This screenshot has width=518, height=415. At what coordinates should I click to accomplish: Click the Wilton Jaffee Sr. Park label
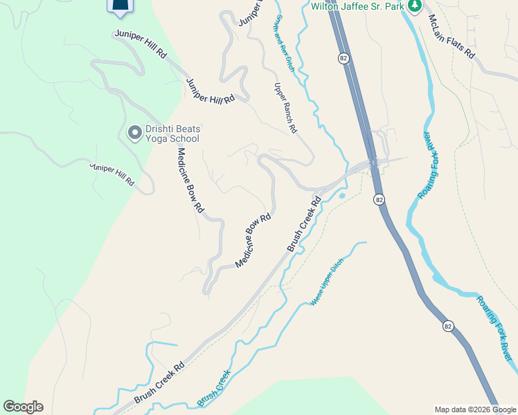357,6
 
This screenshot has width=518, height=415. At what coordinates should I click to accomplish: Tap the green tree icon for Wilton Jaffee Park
415,6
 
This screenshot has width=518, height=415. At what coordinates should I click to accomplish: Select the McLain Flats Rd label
451,36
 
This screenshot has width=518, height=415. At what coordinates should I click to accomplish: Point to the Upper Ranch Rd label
285,108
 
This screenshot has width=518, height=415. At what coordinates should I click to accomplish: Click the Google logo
23,407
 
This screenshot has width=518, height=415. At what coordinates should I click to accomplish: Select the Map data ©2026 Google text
475,409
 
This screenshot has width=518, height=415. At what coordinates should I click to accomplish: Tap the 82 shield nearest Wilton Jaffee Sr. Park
343,59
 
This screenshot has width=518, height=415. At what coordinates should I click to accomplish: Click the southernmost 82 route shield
449,326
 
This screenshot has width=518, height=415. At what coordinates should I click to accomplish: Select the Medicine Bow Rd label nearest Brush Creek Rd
252,241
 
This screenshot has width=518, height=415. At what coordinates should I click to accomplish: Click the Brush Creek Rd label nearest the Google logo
159,383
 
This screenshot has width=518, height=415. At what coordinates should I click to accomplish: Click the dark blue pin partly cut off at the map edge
120,6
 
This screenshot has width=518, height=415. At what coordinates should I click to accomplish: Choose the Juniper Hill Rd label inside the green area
111,174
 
